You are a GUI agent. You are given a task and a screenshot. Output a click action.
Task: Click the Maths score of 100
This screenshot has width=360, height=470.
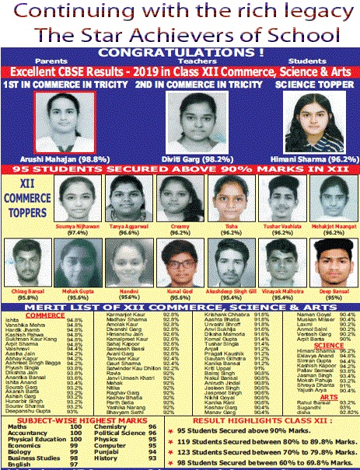coord(75,426)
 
